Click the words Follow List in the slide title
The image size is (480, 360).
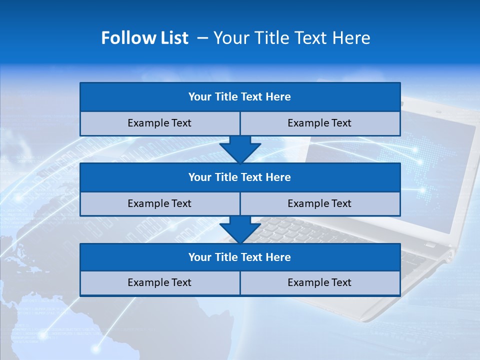[x=144, y=38]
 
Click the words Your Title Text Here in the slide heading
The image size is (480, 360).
[x=291, y=38]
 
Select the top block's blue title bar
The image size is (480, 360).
[x=240, y=97]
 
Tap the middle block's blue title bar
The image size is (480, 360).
[x=240, y=177]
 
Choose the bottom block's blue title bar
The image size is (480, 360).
[x=240, y=257]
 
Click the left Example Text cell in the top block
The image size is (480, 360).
[x=159, y=123]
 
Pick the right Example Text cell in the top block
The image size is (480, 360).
[x=319, y=123]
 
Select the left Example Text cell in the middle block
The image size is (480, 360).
[x=159, y=204]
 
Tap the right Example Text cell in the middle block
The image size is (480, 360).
[x=319, y=204]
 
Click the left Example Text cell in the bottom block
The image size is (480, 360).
[x=159, y=283]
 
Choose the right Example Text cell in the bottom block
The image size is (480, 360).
[x=319, y=283]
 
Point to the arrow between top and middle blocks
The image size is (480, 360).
[x=240, y=149]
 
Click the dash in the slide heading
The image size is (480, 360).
[x=202, y=38]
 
